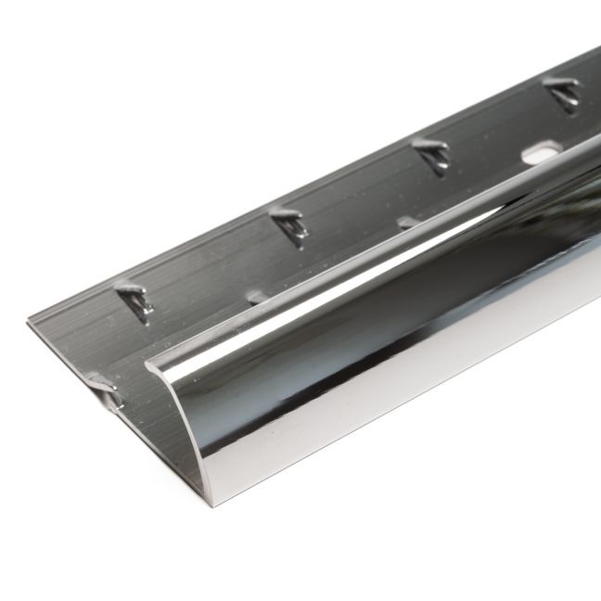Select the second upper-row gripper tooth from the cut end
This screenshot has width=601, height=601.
pos(290,224)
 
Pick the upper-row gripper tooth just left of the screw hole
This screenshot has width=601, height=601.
pos(432,154)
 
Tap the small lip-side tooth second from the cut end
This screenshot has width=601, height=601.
pos(257,298)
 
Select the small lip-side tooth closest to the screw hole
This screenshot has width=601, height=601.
pos(408,223)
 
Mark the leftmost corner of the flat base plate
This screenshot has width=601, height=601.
pos(29,322)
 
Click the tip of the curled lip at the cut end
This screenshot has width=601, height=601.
pos(151,365)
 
